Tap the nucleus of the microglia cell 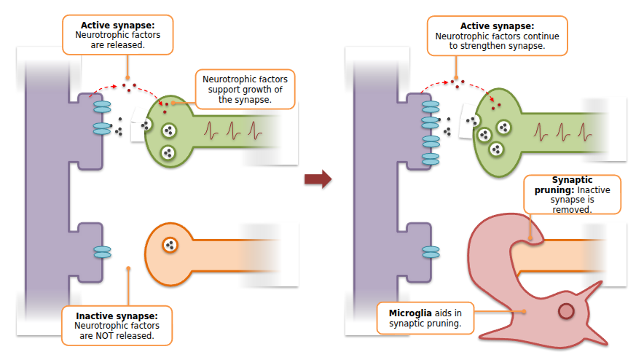coord(566,312)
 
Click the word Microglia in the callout coord(402,313)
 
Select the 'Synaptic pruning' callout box coord(572,194)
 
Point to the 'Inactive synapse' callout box coord(117,326)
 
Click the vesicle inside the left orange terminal coord(170,245)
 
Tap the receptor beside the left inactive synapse coord(102,251)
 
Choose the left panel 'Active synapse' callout coord(118,34)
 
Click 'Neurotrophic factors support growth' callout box coord(245,89)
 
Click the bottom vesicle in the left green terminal coord(168,152)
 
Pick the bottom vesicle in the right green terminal coord(497,149)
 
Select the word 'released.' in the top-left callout coord(128,44)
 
